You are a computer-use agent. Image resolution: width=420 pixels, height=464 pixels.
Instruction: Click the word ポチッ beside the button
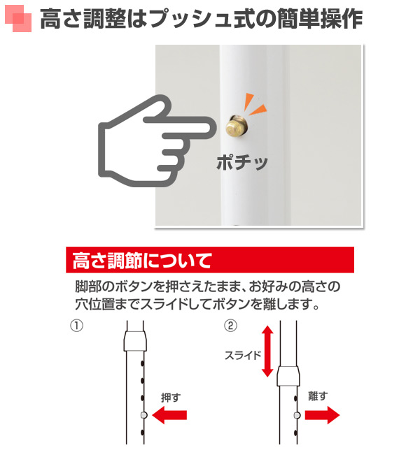click(242, 163)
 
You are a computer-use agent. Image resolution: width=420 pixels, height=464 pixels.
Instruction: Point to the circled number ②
click(230, 326)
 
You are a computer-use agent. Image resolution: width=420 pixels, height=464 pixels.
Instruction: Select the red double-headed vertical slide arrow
click(267, 350)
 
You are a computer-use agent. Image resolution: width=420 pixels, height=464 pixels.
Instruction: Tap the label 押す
click(171, 397)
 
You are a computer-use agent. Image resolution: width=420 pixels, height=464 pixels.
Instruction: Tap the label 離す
click(318, 397)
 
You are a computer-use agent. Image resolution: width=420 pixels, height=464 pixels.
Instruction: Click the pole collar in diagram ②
click(288, 376)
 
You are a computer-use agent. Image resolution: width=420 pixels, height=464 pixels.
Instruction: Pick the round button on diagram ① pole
click(143, 415)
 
